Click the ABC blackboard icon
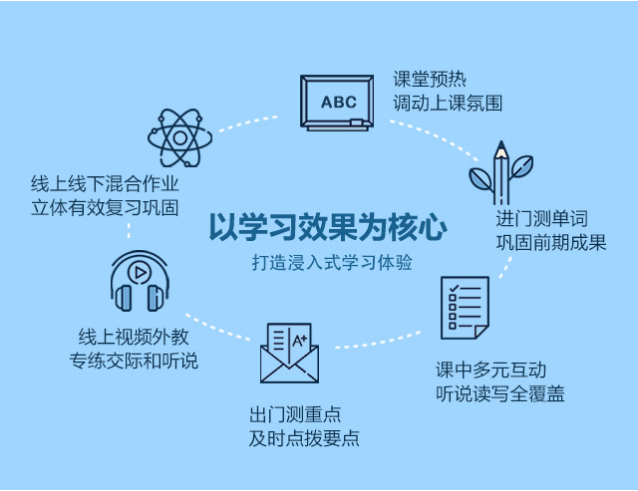tap(337, 103)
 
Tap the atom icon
tap(179, 137)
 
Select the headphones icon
tap(140, 281)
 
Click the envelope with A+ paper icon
tap(289, 354)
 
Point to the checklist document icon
tap(466, 308)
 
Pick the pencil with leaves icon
tap(500, 172)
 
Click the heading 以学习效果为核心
tap(328, 227)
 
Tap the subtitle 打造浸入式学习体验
tap(332, 263)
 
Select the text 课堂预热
tap(430, 79)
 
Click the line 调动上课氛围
tap(448, 104)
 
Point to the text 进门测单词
tap(541, 219)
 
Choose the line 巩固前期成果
tap(551, 243)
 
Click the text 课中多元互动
tap(490, 369)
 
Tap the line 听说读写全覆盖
tap(500, 393)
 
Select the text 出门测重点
tap(295, 415)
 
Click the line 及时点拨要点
tap(304, 438)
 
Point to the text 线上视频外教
tap(134, 337)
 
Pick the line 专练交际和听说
tap(134, 361)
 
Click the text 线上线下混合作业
tap(105, 183)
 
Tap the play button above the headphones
tap(140, 272)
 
